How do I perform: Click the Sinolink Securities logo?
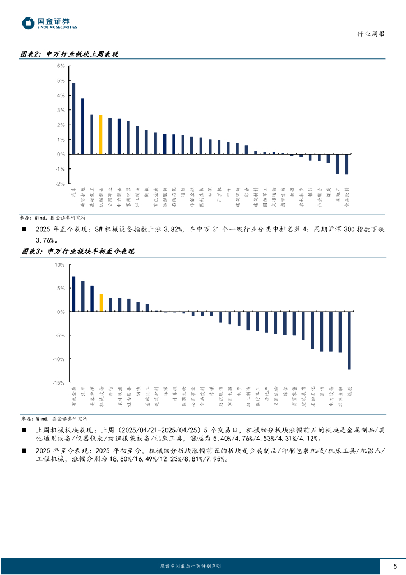49,23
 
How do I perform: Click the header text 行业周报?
371,34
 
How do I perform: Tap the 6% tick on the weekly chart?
61,66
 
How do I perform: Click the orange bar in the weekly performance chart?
100,134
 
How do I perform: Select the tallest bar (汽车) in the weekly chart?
73,118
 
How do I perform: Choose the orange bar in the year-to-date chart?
101,303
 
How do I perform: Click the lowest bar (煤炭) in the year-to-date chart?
349,340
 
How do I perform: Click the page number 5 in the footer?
395,566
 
